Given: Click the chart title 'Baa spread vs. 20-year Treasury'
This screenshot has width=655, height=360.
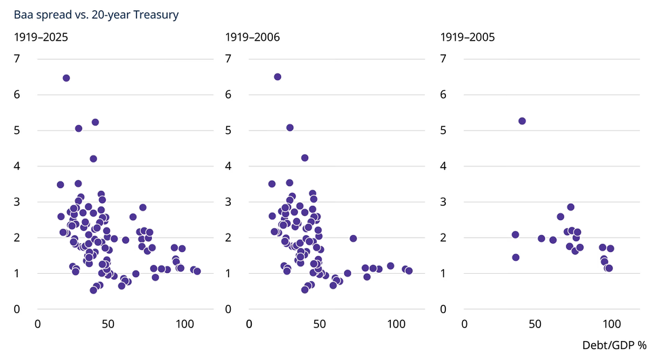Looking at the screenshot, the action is tap(96, 15).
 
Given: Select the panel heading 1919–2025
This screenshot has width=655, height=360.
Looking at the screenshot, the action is tap(41, 37).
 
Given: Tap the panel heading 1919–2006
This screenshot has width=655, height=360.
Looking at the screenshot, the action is tap(252, 37).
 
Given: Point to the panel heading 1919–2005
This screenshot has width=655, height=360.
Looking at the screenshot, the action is tap(468, 37).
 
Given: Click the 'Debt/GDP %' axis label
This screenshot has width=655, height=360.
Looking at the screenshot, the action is tap(614, 345).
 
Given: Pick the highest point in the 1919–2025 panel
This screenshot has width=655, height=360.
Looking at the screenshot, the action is tap(66, 78).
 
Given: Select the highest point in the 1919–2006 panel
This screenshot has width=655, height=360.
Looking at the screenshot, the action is tap(278, 77).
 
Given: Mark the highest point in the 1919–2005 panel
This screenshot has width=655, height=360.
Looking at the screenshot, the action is tap(522, 122).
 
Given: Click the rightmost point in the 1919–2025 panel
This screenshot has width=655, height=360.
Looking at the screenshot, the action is tap(197, 272).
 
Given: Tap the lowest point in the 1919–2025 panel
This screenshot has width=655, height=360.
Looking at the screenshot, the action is tap(94, 290).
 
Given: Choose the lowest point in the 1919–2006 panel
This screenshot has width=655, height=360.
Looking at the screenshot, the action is tap(305, 290).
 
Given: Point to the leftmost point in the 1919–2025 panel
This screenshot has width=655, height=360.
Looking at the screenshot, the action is tap(60, 185).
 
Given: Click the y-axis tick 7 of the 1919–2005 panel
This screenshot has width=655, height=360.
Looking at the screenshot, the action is tap(443, 58).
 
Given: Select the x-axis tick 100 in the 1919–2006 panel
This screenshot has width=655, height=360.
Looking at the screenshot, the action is tap(396, 324).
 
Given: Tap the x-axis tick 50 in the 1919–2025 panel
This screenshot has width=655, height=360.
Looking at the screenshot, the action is tap(108, 324).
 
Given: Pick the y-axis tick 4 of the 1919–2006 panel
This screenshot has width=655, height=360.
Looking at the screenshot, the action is tap(228, 166).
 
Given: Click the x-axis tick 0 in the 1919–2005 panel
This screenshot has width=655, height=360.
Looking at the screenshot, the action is tap(464, 324).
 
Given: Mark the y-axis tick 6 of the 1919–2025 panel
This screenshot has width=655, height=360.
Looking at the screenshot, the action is tap(17, 94).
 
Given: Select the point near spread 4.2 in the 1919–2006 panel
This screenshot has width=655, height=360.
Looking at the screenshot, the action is tap(305, 158).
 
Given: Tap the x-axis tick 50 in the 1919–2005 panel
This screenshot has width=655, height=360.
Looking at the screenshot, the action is tap(535, 324).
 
